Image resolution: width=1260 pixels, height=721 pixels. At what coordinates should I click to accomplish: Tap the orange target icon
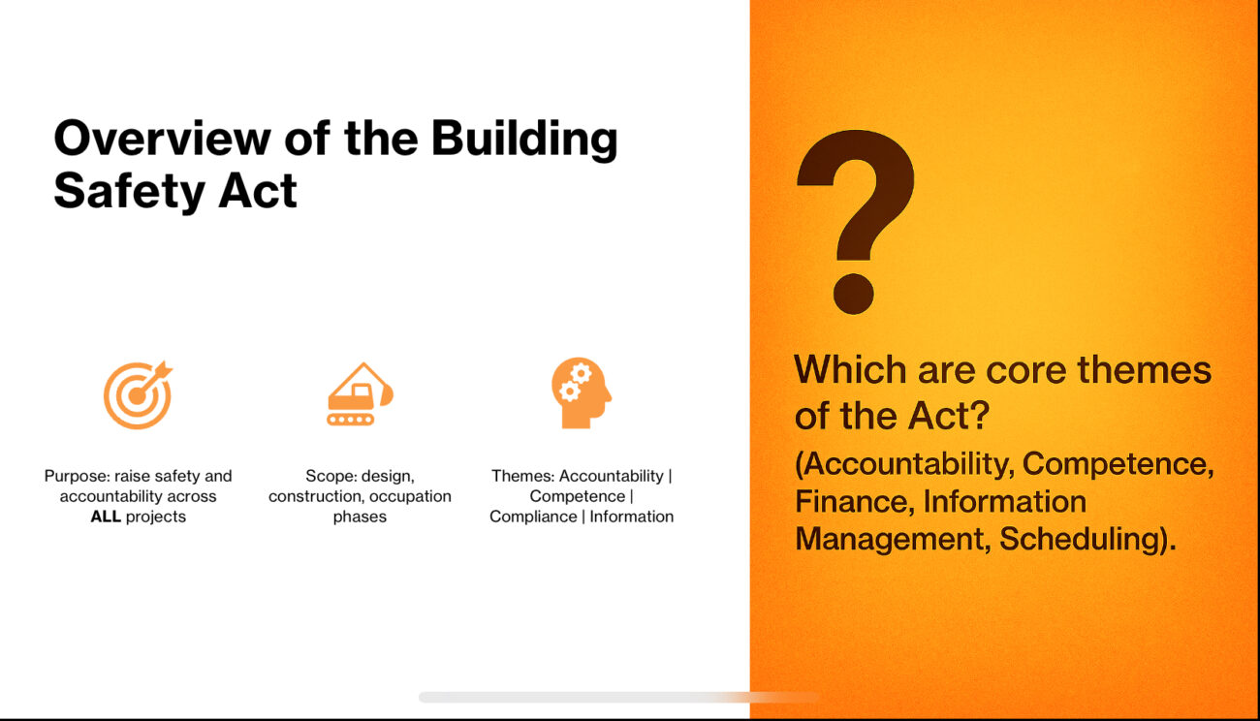[138, 394]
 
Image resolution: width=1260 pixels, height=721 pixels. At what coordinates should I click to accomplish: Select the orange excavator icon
[360, 393]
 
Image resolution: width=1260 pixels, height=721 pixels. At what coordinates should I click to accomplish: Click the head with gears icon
[582, 392]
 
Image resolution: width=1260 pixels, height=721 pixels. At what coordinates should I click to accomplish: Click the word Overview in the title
[163, 139]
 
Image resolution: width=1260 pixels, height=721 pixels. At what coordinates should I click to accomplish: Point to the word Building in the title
[524, 139]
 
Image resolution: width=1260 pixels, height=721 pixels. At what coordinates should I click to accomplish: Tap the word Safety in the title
[127, 191]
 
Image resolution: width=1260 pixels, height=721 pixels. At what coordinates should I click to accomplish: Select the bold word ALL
[106, 517]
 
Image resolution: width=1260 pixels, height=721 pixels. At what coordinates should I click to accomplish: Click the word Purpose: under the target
[77, 476]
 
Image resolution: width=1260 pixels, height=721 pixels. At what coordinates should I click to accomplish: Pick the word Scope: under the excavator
[331, 476]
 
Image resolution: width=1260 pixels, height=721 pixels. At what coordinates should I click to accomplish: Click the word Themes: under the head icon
[523, 476]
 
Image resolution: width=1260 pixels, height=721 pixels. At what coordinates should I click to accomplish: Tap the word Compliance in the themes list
[533, 517]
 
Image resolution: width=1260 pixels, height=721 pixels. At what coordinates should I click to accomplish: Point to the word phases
[360, 517]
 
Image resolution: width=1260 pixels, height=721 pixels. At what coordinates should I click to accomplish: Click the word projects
[156, 517]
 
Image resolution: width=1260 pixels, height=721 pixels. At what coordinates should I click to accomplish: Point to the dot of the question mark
[853, 294]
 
